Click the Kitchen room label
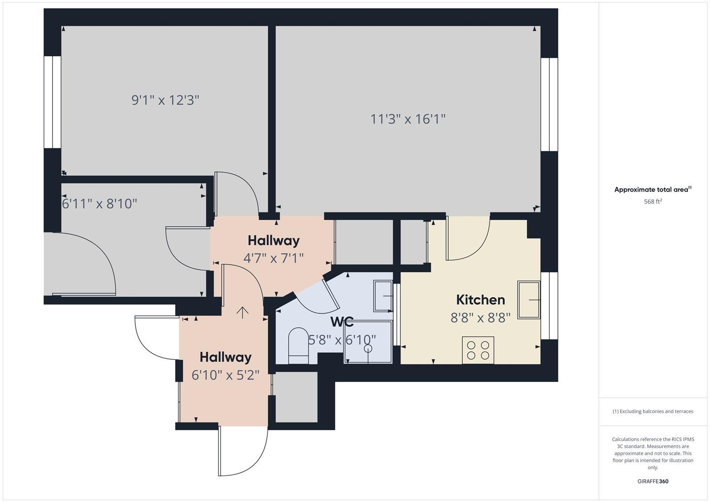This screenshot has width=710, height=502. pyautogui.click(x=480, y=300)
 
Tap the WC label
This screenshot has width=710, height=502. pyautogui.click(x=342, y=322)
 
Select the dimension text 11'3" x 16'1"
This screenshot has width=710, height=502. pyautogui.click(x=408, y=119)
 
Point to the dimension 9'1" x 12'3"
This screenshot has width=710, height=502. pyautogui.click(x=165, y=100)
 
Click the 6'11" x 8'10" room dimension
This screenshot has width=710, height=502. pyautogui.click(x=100, y=204)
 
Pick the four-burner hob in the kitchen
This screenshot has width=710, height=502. pyautogui.click(x=478, y=350)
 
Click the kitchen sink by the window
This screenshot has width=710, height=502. pyautogui.click(x=529, y=300)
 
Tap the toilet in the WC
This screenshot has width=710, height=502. pyautogui.click(x=299, y=346)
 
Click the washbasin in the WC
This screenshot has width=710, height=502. pyautogui.click(x=383, y=296)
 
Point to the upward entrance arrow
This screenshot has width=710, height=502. pyautogui.click(x=242, y=312)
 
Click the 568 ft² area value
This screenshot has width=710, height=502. pyautogui.click(x=653, y=201)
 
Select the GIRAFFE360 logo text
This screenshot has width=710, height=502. pyautogui.click(x=653, y=481)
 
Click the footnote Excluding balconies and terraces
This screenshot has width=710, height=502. pyautogui.click(x=653, y=411)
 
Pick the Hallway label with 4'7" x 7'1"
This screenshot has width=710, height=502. pyautogui.click(x=273, y=240)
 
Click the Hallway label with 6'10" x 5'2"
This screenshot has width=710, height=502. pyautogui.click(x=226, y=357)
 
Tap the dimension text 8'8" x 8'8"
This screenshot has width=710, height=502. pyautogui.click(x=480, y=317)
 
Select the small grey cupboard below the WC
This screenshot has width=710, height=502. pyautogui.click(x=296, y=397)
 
